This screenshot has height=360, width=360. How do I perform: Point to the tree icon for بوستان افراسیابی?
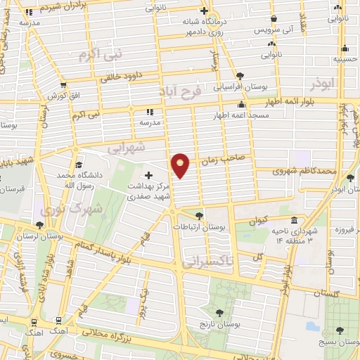click(x=240, y=75)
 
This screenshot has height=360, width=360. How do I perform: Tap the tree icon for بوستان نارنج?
click(x=220, y=311)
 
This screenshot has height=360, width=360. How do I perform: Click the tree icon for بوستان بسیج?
click(x=340, y=330)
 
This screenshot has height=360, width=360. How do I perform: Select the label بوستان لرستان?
click(x=63, y=238)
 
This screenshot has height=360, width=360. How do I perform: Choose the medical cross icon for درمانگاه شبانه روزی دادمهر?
click(x=204, y=11)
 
